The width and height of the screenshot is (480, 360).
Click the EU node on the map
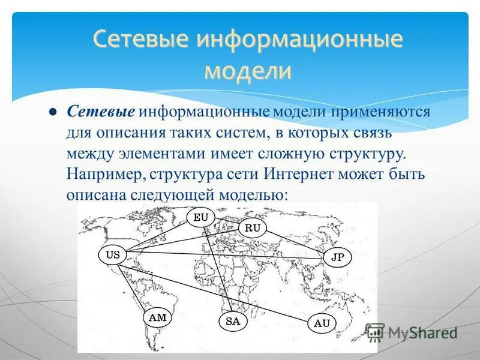pyautogui.click(x=200, y=217)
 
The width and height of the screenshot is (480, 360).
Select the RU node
pyautogui.click(x=253, y=228)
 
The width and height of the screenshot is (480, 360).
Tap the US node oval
pyautogui.click(x=113, y=254)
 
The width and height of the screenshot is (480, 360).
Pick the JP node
pyautogui.click(x=338, y=257)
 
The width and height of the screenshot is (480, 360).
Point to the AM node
pyautogui.click(x=157, y=318)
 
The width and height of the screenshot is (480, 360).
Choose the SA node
pyautogui.click(x=233, y=321)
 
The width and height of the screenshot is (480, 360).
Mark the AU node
pyautogui.click(x=322, y=323)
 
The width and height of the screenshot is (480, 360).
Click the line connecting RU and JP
pyautogui.click(x=295, y=242)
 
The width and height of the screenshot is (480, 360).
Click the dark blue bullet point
pyautogui.click(x=52, y=112)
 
